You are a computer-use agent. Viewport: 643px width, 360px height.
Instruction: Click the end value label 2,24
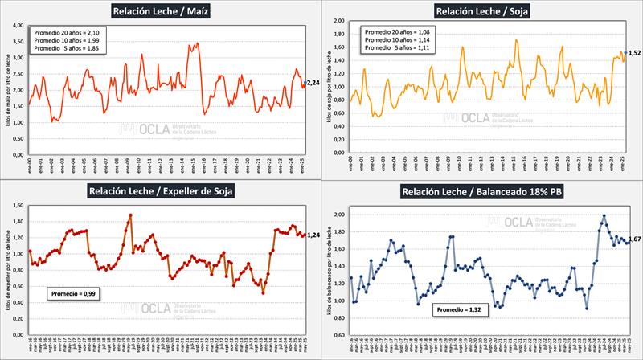click(x=313, y=82)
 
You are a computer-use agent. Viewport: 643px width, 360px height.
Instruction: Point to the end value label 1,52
click(x=635, y=53)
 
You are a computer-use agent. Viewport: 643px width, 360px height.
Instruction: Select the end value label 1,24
click(x=314, y=235)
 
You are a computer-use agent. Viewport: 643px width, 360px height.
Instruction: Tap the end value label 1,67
click(x=633, y=239)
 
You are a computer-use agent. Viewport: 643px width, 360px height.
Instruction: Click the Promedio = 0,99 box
click(x=72, y=295)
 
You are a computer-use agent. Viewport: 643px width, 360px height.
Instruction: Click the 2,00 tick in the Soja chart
click(x=338, y=21)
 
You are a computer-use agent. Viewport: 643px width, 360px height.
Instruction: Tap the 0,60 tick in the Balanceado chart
click(x=338, y=336)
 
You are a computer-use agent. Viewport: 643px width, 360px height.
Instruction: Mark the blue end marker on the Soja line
click(x=625, y=52)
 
